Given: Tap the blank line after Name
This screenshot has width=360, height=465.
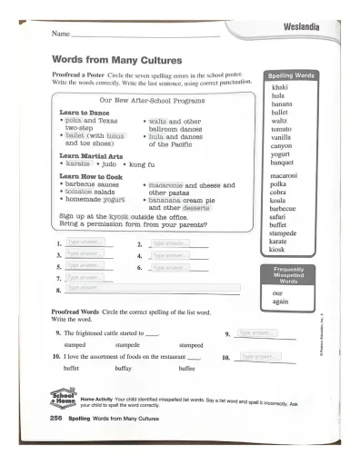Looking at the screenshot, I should (145, 35).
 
